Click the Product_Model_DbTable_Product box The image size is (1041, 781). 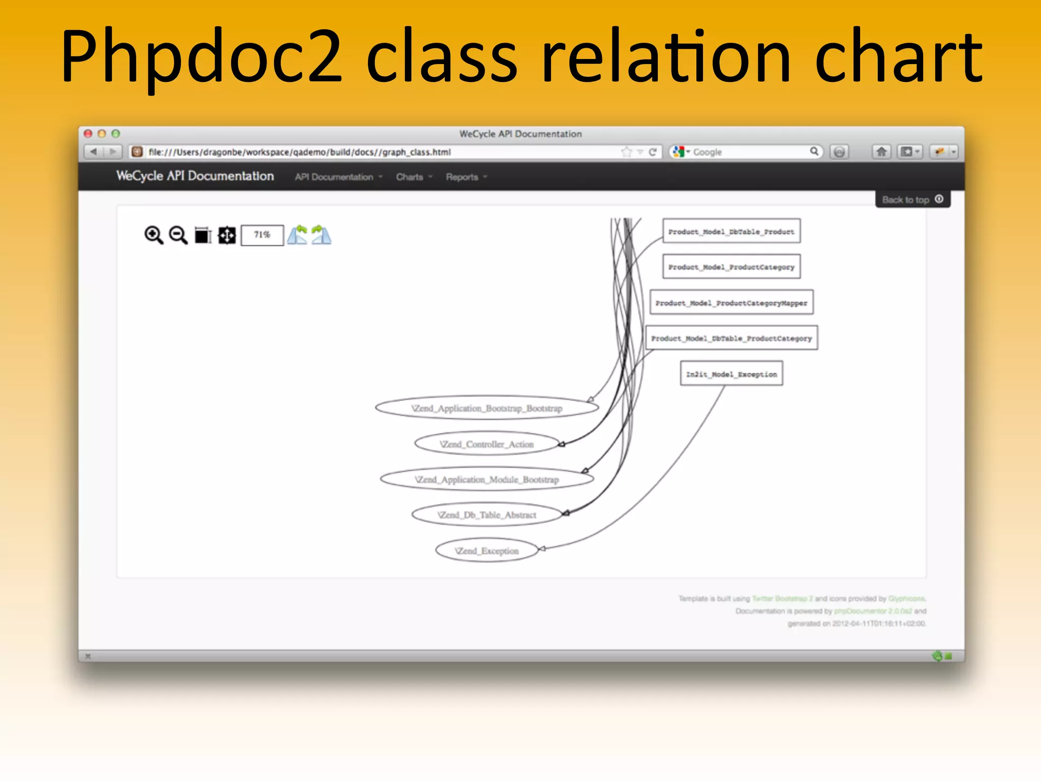click(731, 231)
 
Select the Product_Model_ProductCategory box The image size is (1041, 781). click(731, 267)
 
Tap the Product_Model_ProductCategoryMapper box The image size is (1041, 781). click(731, 303)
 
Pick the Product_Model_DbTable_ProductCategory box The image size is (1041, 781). click(731, 338)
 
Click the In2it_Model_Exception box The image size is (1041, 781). click(731, 374)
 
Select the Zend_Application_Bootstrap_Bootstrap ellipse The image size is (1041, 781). click(486, 408)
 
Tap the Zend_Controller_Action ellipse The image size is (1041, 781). click(486, 444)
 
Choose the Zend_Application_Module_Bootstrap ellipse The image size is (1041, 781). click(486, 479)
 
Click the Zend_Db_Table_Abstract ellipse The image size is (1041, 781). click(486, 515)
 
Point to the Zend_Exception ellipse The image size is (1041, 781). click(486, 551)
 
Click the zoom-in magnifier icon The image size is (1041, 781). click(154, 235)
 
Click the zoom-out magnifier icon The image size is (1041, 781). click(178, 235)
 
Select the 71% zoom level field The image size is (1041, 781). click(262, 235)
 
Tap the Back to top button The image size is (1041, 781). click(912, 199)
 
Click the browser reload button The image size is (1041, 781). click(653, 152)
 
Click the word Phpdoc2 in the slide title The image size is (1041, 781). click(201, 57)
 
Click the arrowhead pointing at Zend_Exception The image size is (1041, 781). click(542, 549)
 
